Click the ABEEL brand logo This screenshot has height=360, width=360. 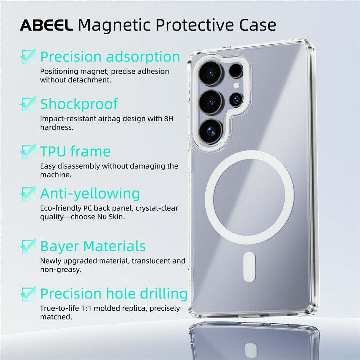pyautogui.click(x=46, y=25)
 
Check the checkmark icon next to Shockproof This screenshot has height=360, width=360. pyautogui.click(x=28, y=103)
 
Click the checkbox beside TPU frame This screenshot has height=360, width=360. pyautogui.click(x=28, y=151)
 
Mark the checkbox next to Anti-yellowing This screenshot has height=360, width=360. pyautogui.click(x=28, y=193)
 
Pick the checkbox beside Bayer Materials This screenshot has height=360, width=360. pyautogui.click(x=28, y=246)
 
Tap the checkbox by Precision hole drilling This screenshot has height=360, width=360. pyautogui.click(x=28, y=293)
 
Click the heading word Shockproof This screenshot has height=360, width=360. pyautogui.click(x=79, y=104)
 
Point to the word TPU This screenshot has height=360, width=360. pyautogui.click(x=53, y=152)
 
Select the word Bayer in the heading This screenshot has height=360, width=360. pyautogui.click(x=60, y=247)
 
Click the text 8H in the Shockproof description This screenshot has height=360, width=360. pyautogui.click(x=168, y=118)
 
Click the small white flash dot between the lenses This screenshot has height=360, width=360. pyautogui.click(x=236, y=85)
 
